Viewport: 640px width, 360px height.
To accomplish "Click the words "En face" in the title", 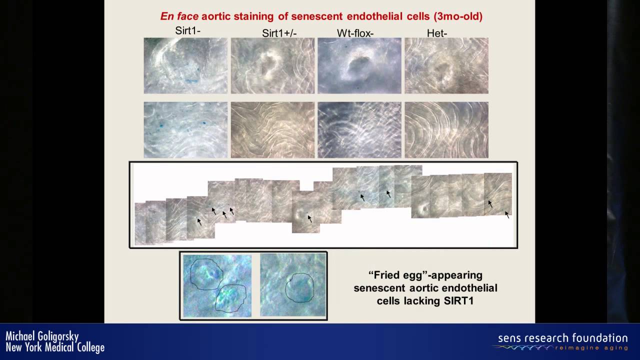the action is pos(179,16).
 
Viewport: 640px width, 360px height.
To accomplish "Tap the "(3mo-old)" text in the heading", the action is pos(458,16).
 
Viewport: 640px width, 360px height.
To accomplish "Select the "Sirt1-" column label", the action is pos(187,30).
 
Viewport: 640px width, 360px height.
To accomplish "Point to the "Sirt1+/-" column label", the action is pos(279,33).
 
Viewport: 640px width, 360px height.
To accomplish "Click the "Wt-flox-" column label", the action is pos(355,33).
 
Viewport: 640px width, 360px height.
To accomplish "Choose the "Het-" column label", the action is pos(437,33).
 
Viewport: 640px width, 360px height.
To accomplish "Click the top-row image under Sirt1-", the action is pos(185,65).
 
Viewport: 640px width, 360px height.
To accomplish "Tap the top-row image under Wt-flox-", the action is pos(359,65).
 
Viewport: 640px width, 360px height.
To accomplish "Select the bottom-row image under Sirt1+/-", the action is pos(272,130).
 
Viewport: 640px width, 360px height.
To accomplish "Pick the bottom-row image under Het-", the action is pos(446,130).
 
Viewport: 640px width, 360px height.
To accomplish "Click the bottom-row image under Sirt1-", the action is pos(185,130).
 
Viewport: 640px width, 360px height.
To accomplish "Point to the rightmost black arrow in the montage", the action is pos(507,215).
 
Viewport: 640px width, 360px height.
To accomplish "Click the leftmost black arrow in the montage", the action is pos(199,222).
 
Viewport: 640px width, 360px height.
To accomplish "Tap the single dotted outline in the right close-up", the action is pos(299,287).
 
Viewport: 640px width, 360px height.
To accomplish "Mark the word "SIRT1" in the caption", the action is pos(458,301).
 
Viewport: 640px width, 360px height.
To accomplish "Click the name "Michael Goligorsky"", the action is pos(42,336).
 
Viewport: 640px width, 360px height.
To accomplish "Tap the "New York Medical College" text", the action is pos(55,347).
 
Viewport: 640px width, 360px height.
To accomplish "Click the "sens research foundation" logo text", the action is pos(563,338).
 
